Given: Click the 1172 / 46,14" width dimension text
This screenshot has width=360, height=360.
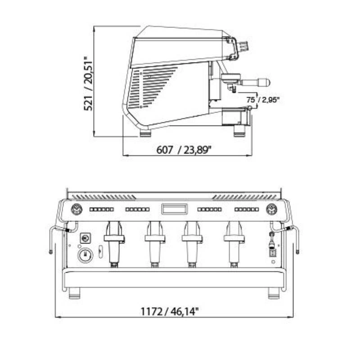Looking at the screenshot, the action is pos(170,311).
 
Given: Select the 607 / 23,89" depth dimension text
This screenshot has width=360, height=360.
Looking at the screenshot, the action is pos(184,150).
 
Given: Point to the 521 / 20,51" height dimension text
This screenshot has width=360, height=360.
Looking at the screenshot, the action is pos(88,83).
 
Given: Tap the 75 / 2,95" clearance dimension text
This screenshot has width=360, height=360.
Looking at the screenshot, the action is pos(263,100).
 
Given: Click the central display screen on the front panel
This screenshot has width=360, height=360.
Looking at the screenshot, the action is pos(175,209).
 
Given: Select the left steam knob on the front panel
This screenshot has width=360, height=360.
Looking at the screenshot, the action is pos(76,209).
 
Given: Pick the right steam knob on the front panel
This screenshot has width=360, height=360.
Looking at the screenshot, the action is pos(272,209).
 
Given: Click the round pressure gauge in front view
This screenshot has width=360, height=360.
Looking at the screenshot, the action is pos(85,255).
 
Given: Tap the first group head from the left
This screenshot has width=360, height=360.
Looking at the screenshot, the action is pos(114,244).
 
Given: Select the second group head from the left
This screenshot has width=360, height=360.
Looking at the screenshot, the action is pos(155,244).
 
